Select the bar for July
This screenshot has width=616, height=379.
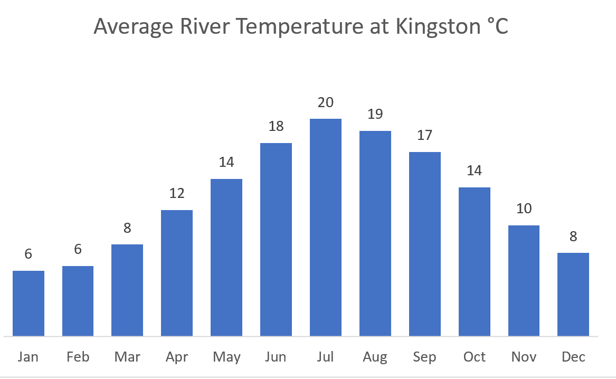click(326, 227)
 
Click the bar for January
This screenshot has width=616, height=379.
click(29, 303)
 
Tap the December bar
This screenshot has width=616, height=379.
click(573, 294)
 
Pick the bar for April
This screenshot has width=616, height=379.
click(177, 272)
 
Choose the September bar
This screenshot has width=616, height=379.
click(425, 243)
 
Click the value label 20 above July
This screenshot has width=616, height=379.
click(326, 102)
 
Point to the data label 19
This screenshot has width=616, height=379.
click(375, 114)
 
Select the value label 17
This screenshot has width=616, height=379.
click(425, 136)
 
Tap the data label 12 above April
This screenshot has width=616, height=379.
click(177, 193)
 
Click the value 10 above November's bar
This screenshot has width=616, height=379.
click(524, 209)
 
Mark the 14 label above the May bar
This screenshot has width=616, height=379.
click(226, 162)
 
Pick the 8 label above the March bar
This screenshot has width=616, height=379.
click(127, 228)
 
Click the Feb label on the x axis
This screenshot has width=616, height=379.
click(78, 357)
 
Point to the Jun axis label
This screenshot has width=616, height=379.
click(276, 357)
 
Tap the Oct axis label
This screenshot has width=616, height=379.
click(475, 357)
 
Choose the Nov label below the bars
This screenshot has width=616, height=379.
click(524, 357)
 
